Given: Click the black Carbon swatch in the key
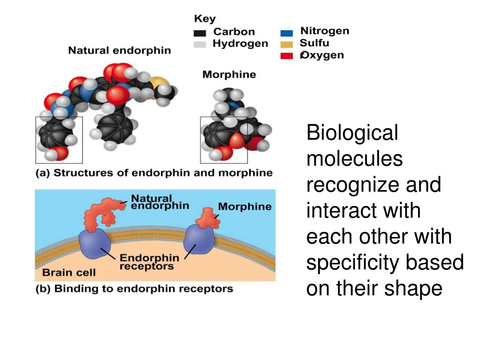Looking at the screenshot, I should pos(200,33).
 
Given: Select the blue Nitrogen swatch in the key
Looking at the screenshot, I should pos(286,33).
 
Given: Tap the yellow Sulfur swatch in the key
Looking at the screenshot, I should pos(286,45).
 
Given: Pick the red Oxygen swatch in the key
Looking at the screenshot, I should pos(286,56).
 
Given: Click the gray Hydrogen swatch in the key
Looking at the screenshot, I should pos(200,45).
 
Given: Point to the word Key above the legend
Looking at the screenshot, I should pos(205,19).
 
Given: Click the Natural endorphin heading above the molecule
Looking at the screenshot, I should pos(120,50).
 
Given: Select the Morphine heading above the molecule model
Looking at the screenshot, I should pos(229,75).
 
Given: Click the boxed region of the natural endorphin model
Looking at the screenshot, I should pos(59,140).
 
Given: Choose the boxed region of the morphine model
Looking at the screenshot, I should pos(223,140).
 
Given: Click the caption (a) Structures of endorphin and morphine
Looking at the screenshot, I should pos(154,173).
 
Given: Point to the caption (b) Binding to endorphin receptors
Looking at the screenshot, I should pos(134,288).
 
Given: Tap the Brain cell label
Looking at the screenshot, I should pos(69,272).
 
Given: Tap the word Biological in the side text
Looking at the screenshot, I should pos(352,133).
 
